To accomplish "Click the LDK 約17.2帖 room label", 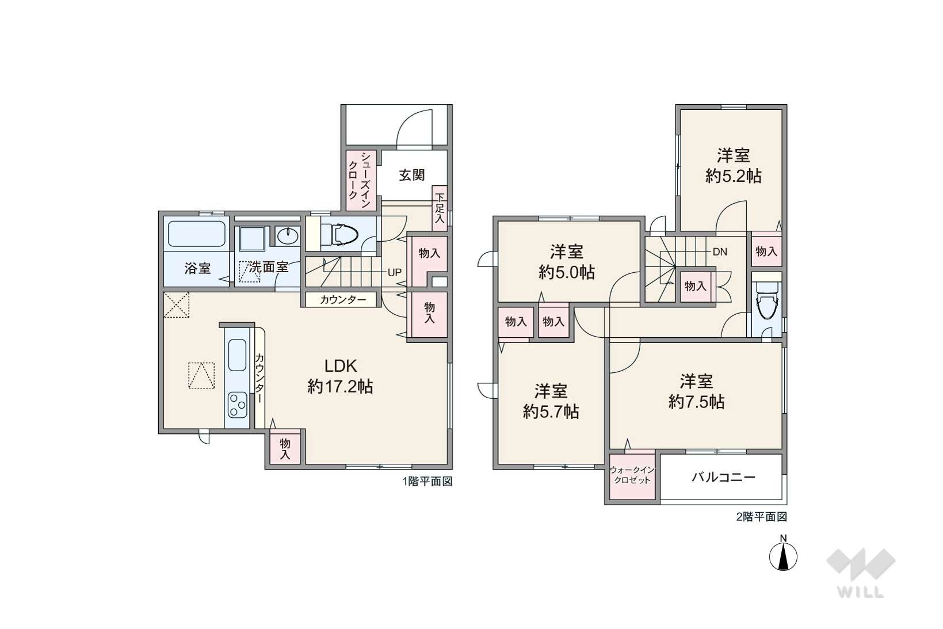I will click(340, 376).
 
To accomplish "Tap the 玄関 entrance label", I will click(412, 175).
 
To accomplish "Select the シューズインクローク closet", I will click(361, 180).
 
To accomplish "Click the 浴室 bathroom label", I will click(197, 268).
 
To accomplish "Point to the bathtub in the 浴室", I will click(196, 234).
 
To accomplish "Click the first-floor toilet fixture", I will click(339, 234).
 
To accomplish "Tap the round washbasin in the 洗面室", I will click(287, 236).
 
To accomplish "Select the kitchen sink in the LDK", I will click(237, 355).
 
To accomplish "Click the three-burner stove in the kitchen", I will click(237, 405).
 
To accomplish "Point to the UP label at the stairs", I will click(394, 273).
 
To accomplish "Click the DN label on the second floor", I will click(719, 251).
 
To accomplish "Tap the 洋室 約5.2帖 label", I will click(733, 166).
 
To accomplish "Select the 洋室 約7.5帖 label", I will click(696, 391).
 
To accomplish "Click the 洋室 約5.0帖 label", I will click(567, 262).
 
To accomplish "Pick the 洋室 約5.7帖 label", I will click(551, 401).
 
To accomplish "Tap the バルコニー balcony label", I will click(723, 477).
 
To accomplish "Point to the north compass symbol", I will click(783, 555).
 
